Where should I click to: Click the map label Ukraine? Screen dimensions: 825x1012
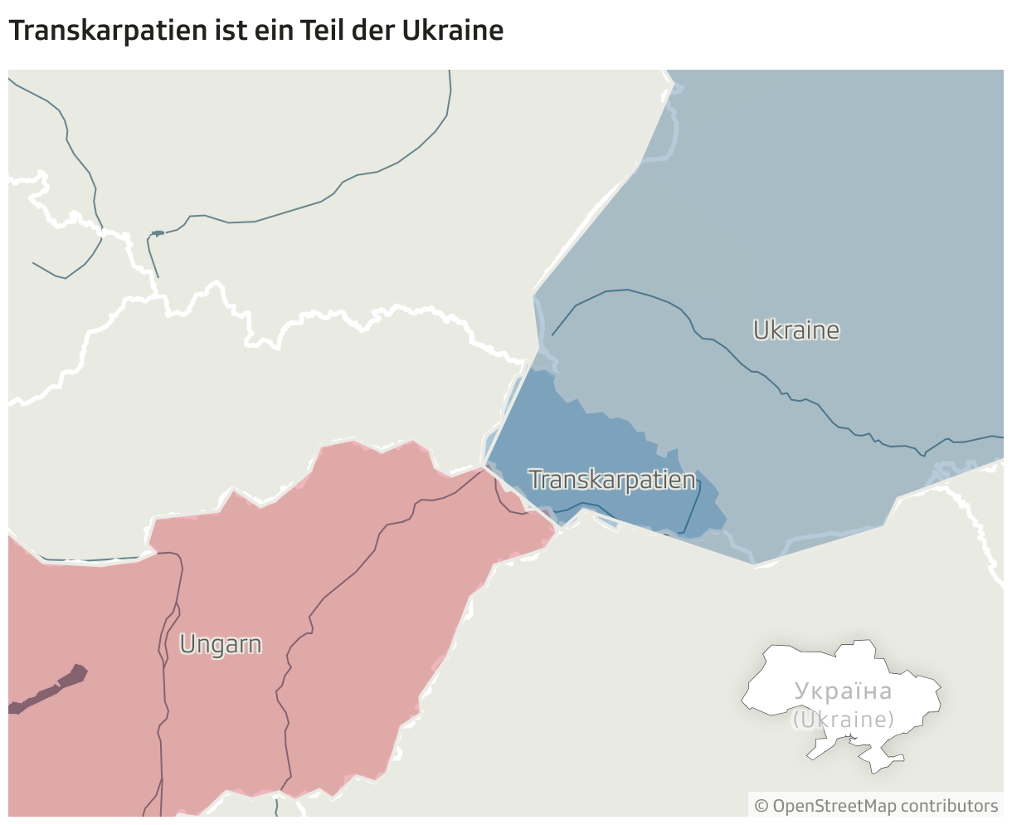pyautogui.click(x=796, y=330)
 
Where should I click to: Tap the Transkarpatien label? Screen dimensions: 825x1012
pyautogui.click(x=612, y=480)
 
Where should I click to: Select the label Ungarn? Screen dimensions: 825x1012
pyautogui.click(x=221, y=644)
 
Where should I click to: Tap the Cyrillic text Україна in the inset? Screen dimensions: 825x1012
pyautogui.click(x=843, y=691)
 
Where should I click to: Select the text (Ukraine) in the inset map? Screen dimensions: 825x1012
pyautogui.click(x=843, y=719)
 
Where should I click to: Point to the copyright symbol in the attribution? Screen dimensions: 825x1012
pyautogui.click(x=761, y=805)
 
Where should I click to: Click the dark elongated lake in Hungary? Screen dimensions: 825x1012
pyautogui.click(x=50, y=689)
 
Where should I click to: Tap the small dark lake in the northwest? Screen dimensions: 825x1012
pyautogui.click(x=156, y=233)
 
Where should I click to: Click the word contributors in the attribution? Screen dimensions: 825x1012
pyautogui.click(x=949, y=805)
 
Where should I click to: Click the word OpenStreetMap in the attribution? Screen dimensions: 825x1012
pyautogui.click(x=823, y=805)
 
